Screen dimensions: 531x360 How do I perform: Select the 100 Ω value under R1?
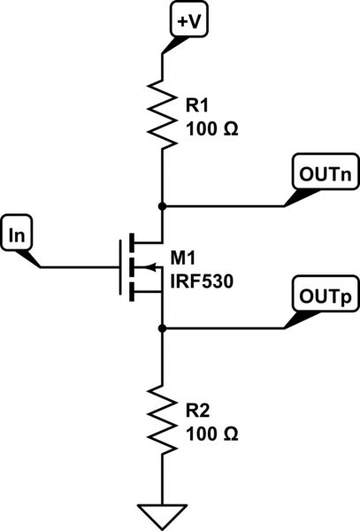click(x=213, y=129)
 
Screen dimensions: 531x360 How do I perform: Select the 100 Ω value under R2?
click(x=213, y=434)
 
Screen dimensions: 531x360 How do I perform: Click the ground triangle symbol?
click(x=162, y=512)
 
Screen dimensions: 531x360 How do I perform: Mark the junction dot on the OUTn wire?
click(x=162, y=205)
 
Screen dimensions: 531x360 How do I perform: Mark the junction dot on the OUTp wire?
click(x=162, y=327)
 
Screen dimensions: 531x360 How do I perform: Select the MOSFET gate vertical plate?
click(x=119, y=265)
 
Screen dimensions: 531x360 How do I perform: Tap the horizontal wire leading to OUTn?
click(x=221, y=205)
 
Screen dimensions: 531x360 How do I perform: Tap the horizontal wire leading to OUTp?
click(x=221, y=327)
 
